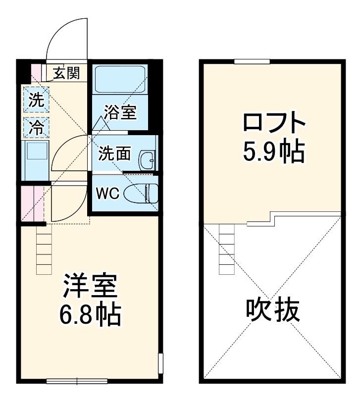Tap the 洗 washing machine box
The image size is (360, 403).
pyautogui.click(x=36, y=100)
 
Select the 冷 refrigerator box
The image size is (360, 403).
pyautogui.click(x=36, y=128)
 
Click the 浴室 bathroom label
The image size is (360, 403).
pyautogui.click(x=120, y=112)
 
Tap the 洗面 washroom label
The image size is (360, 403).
pyautogui.click(x=114, y=154)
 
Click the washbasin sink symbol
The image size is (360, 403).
pyautogui.click(x=147, y=159)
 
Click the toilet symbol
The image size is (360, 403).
pyautogui.click(x=141, y=193)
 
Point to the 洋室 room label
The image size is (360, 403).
pyautogui.click(x=89, y=287)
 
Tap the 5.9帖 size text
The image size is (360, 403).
pyautogui.click(x=273, y=152)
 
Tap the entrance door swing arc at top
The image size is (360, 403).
pyautogui.click(x=67, y=37)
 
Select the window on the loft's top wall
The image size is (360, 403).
pyautogui.click(x=253, y=61)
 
